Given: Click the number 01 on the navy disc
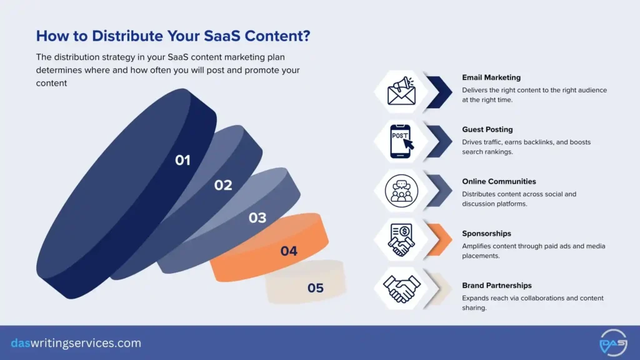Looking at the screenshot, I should tap(182, 161).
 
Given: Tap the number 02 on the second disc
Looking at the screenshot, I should tap(223, 185).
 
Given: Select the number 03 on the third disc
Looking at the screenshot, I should tap(257, 218).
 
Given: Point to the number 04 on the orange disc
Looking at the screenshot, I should tap(289, 251).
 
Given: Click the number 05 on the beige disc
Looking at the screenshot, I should tap(316, 287).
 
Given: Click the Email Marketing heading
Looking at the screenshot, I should tap(491, 77).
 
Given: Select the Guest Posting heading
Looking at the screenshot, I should tap(487, 129).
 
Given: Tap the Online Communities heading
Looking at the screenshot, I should tap(499, 181).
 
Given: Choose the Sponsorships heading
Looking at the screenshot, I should tap(486, 233).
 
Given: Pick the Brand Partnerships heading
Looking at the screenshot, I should tap(497, 285).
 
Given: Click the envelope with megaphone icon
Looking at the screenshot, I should tap(401, 91).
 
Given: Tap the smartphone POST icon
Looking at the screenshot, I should tap(401, 141).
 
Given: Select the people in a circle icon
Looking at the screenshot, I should tap(401, 191).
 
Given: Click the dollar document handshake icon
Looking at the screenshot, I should tap(401, 240).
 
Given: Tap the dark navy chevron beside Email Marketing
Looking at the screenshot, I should tap(440, 91).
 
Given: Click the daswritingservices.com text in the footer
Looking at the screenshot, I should tap(76, 343).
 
